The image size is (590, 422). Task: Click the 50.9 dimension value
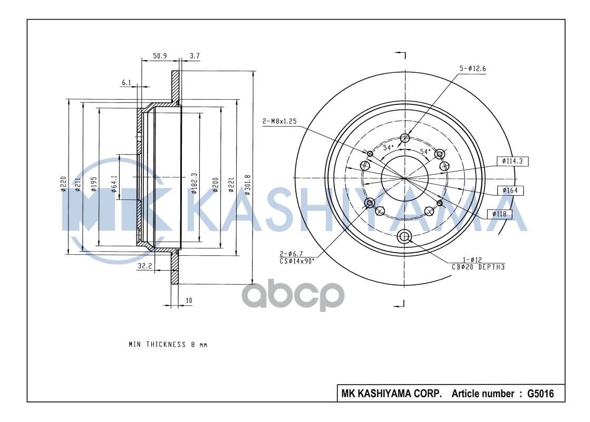160,56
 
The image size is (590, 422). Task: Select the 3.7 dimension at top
195,56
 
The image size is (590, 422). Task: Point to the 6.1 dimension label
127,83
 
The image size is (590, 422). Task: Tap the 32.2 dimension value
144,266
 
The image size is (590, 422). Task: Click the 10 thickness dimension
189,300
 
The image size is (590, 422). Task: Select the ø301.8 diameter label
247,185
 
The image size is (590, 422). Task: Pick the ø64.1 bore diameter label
115,184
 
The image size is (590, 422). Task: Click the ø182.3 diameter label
194,184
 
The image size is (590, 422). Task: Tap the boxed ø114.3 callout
512,161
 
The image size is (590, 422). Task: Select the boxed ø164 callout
510,190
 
